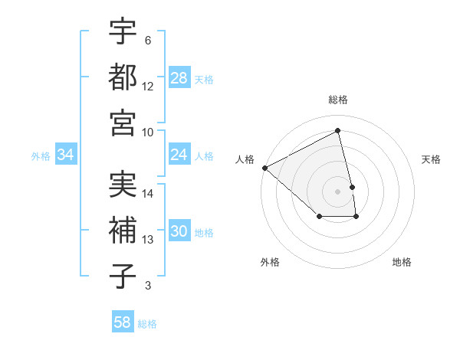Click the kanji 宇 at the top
[x=123, y=32]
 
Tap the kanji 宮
[x=123, y=123]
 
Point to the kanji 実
[x=123, y=186]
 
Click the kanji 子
[x=123, y=277]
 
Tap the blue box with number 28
[x=179, y=78]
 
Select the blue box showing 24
[x=179, y=155]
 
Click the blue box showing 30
[x=179, y=231]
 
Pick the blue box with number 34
[x=66, y=155]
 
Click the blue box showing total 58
[x=123, y=322]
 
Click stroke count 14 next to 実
[x=148, y=193]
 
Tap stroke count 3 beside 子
[x=148, y=286]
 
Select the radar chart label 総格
[x=338, y=100]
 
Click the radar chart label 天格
[x=432, y=159]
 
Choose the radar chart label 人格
[x=245, y=159]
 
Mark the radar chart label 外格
[x=270, y=262]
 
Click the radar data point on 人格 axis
[x=264, y=168]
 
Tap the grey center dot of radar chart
[x=338, y=191]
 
